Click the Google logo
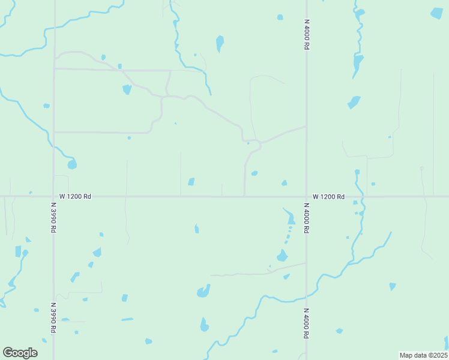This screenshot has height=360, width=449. (20, 353)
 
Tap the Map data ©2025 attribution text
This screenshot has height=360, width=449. (423, 355)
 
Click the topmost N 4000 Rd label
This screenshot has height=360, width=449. (306, 34)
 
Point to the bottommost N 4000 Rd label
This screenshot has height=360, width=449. (306, 325)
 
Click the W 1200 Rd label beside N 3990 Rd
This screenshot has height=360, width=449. (75, 196)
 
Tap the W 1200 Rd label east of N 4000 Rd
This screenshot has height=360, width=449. (328, 197)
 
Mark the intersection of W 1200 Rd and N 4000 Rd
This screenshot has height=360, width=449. (306, 196)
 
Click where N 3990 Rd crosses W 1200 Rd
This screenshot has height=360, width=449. (53, 196)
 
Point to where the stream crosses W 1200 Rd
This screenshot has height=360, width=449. (362, 196)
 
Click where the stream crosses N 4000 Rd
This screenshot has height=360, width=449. (306, 295)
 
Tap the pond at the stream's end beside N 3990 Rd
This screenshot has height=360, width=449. (72, 164)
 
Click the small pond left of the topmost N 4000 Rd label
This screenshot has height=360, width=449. (280, 17)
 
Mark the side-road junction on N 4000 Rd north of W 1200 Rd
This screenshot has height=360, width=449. (306, 127)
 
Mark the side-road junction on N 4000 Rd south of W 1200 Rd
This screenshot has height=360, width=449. (306, 263)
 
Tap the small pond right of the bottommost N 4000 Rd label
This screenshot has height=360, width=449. (339, 331)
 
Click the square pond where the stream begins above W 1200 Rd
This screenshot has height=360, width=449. (357, 172)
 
